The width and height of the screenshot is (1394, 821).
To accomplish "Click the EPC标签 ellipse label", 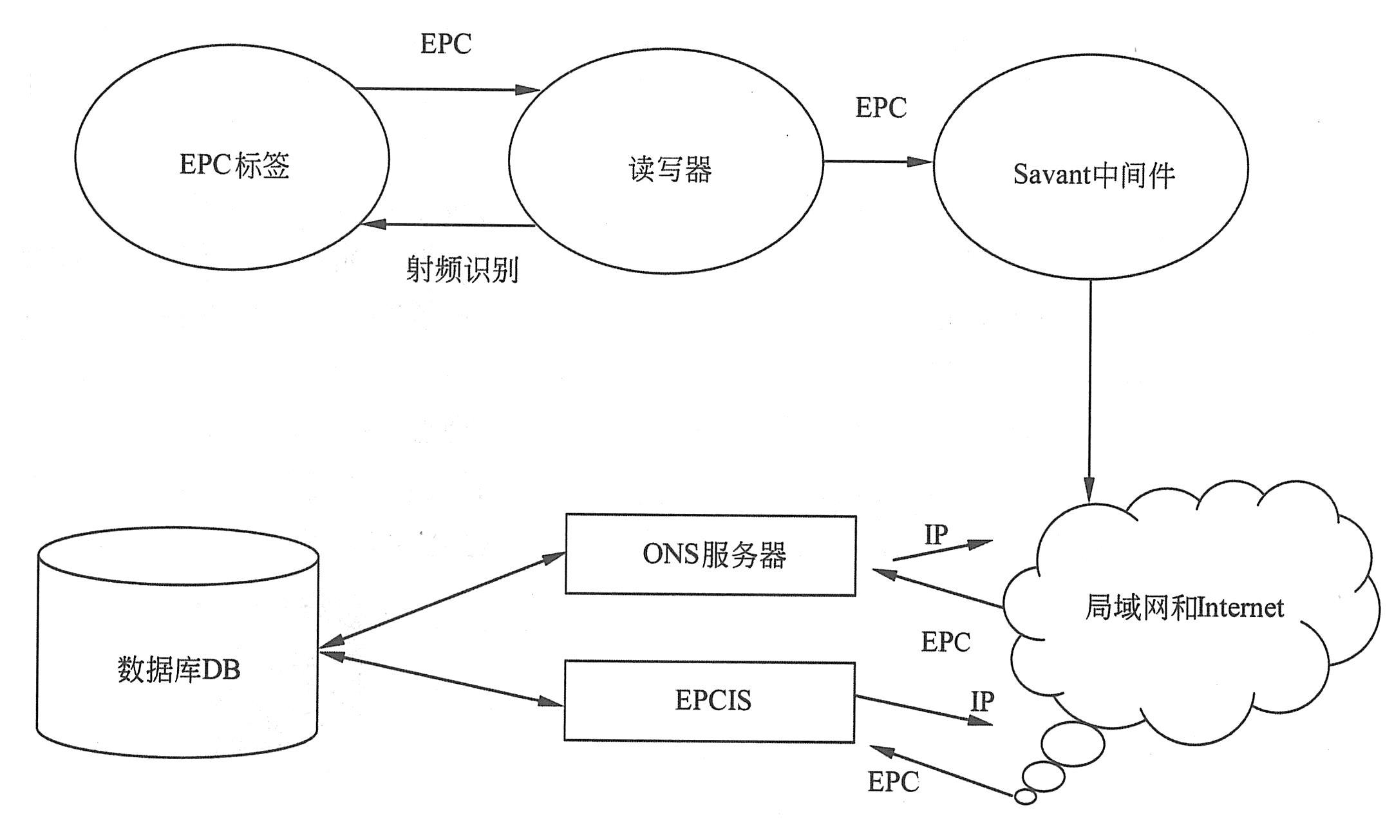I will [234, 165].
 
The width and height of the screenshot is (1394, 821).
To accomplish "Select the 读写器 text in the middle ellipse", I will [670, 169].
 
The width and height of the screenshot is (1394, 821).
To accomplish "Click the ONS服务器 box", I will [711, 555].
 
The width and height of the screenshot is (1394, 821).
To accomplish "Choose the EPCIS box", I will [710, 701].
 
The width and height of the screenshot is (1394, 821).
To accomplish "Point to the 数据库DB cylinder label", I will [179, 670].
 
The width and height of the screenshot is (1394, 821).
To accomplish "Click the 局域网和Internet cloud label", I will [1184, 608].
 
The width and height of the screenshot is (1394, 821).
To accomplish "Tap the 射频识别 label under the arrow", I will [462, 269].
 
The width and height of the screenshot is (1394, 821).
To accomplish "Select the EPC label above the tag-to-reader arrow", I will [446, 44].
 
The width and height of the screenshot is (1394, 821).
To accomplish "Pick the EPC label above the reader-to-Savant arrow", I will [881, 108].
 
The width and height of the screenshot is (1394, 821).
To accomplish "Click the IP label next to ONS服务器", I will [936, 534].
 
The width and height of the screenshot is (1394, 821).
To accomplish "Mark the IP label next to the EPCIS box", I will [982, 701].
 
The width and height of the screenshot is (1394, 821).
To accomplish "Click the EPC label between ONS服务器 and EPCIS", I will [945, 642].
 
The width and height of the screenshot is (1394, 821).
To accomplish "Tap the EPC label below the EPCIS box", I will [893, 782].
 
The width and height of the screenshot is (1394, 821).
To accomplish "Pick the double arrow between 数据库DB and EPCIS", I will [442, 680].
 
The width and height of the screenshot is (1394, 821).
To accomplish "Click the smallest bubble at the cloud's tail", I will [1025, 797].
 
